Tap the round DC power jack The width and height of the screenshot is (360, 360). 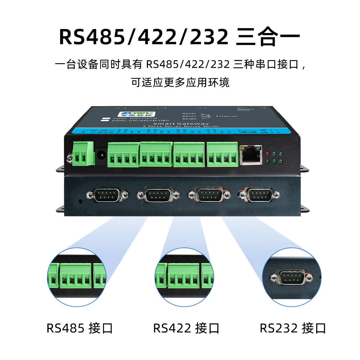100,155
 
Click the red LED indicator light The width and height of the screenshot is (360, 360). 268,154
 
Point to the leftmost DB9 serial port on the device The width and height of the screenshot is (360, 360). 107,195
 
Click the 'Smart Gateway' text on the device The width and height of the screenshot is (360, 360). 181,123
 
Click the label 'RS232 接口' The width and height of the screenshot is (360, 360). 293,328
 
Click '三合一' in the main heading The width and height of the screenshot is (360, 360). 268,37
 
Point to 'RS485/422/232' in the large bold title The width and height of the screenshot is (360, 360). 144,37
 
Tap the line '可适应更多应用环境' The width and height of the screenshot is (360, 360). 180,82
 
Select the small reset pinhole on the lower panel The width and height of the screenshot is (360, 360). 80,201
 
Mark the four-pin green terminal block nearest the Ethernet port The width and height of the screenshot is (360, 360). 222,154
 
